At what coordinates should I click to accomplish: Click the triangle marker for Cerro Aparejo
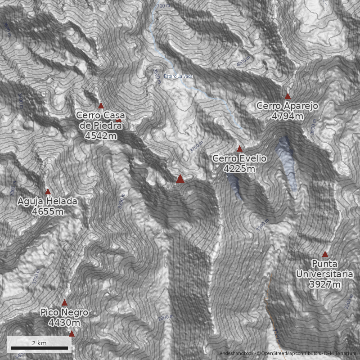[288, 96]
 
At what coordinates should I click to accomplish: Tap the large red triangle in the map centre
[180, 179]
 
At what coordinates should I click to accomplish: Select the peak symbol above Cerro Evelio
[239, 149]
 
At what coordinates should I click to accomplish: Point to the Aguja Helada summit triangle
[48, 192]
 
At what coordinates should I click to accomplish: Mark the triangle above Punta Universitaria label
[325, 254]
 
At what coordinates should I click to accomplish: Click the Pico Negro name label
[64, 312]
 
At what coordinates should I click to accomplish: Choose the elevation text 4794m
[287, 116]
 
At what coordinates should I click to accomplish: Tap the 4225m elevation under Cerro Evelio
[239, 169]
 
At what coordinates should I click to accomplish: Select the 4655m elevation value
[47, 211]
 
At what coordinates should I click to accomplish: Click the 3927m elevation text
[324, 284]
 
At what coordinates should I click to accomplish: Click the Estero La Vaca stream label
[178, 76]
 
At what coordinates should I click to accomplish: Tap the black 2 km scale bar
[39, 348]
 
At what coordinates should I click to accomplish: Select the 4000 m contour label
[243, 62]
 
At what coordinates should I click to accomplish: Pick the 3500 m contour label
[157, 77]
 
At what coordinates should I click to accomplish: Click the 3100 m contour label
[262, 225]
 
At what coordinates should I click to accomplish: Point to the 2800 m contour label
[166, 318]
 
